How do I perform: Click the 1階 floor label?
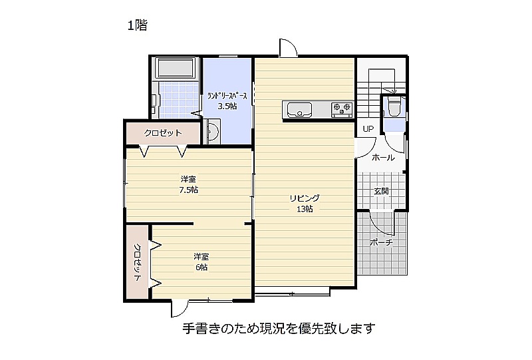pyautogui.click(x=138, y=25)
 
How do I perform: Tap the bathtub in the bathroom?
pyautogui.click(x=176, y=67)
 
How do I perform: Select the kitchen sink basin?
pyautogui.click(x=299, y=110)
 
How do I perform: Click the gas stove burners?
pyautogui.click(x=342, y=108)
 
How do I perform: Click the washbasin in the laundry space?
pyautogui.click(x=213, y=131)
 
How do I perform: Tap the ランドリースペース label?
pyautogui.click(x=227, y=96)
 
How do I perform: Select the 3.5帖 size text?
pyautogui.click(x=227, y=106)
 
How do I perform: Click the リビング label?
pyautogui.click(x=305, y=198)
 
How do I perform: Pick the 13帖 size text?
pyautogui.click(x=305, y=209)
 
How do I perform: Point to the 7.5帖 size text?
pyautogui.click(x=189, y=190)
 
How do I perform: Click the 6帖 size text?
pyautogui.click(x=201, y=268)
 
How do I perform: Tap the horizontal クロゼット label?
pyautogui.click(x=163, y=133)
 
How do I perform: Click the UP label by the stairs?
pyautogui.click(x=368, y=128)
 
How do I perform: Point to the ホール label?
pyautogui.click(x=383, y=158)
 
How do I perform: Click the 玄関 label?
pyautogui.click(x=381, y=191)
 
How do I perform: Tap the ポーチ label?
pyautogui.click(x=381, y=242)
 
